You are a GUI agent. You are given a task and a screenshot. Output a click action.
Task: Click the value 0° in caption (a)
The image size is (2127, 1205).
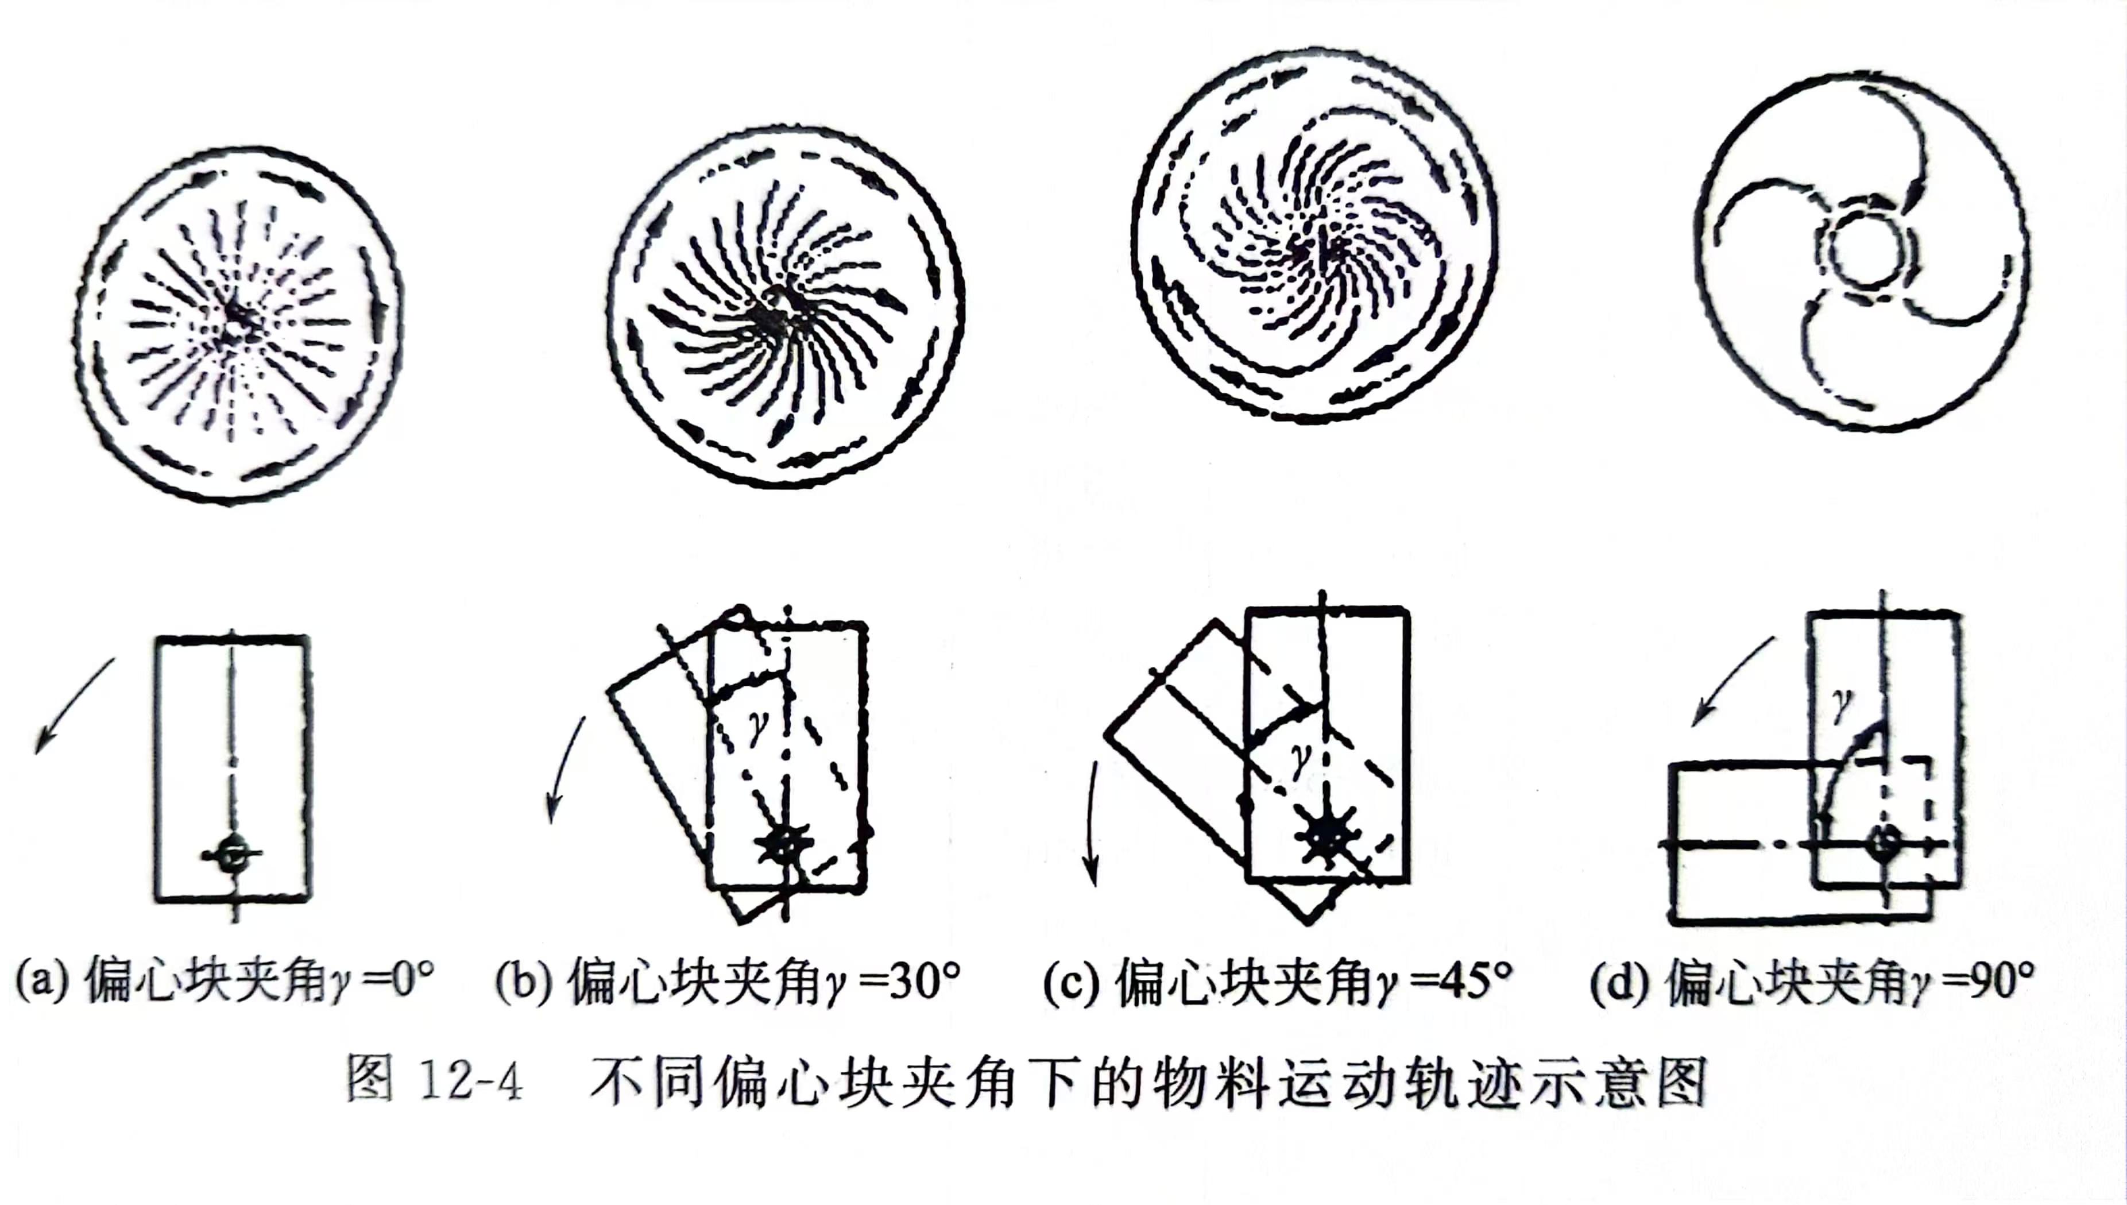412,981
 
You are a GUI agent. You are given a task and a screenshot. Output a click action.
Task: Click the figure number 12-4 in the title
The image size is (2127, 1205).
471,1079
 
